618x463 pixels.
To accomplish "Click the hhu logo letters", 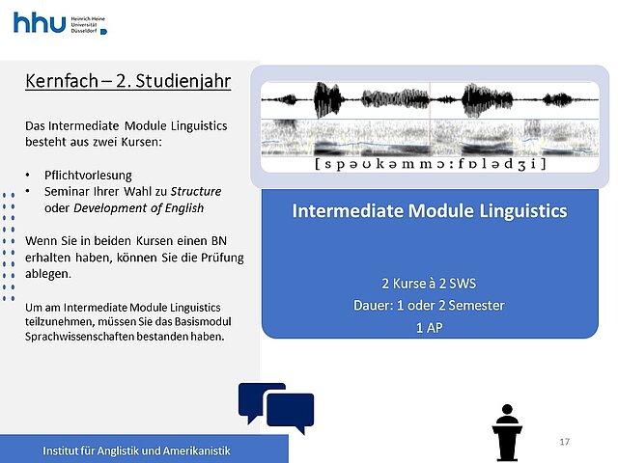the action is pos(40,23).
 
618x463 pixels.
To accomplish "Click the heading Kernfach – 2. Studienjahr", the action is pos(128,81).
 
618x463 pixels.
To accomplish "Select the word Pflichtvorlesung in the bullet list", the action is pos(88,176).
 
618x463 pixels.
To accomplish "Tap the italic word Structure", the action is pos(196,191).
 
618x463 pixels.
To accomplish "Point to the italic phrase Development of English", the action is pos(139,208).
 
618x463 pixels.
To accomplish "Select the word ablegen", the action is pos(48,274).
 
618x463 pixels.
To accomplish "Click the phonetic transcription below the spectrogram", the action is pos(430,163).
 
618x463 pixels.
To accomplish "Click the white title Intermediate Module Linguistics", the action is pos(430,210).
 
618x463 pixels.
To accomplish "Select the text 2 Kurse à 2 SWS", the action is pos(429,284).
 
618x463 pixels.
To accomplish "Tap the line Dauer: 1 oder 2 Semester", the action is pos(429,306).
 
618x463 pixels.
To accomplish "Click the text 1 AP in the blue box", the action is pos(429,328).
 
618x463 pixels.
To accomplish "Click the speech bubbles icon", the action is pos(276,408).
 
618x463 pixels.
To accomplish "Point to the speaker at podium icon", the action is pos(507,432).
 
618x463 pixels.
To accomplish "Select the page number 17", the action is pos(564,442).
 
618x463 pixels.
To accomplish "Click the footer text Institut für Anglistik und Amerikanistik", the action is pos(136,450).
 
